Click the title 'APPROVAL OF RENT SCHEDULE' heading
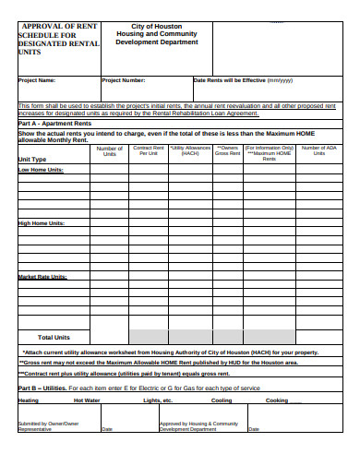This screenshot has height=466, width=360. point(55,40)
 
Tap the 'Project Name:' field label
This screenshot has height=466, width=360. point(37,80)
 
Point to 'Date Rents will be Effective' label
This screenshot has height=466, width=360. point(242,80)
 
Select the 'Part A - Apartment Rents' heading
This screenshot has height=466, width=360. point(54,124)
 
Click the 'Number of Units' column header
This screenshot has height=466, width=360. point(110,150)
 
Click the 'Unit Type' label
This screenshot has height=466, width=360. point(32,160)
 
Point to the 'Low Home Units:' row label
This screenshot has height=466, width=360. point(42,171)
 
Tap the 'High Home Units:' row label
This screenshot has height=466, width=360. point(42,223)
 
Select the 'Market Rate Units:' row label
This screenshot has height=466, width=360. point(42,277)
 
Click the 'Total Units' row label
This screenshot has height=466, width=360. point(54,337)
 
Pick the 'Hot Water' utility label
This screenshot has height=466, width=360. point(87,400)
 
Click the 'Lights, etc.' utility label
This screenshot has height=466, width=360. point(158,400)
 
